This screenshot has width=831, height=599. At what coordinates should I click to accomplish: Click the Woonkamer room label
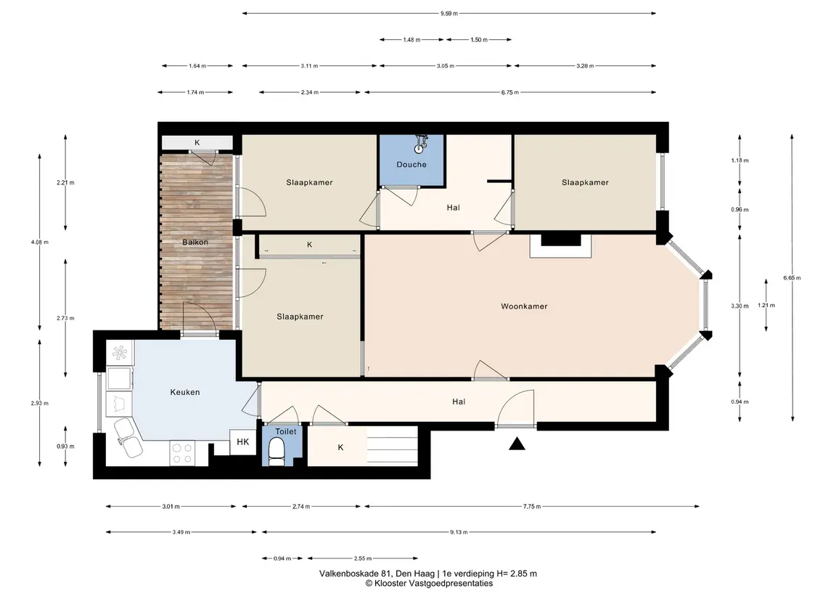(x=524, y=306)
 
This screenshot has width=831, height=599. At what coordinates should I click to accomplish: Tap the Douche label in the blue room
(x=412, y=164)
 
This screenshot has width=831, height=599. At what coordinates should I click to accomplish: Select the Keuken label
(x=185, y=392)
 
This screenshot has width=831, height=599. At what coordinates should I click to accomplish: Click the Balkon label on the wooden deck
(x=195, y=243)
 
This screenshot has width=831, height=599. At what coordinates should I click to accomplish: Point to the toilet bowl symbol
(x=276, y=452)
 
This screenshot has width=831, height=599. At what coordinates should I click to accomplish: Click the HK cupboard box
(x=242, y=441)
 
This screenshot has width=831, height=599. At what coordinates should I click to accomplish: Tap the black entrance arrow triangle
(x=517, y=444)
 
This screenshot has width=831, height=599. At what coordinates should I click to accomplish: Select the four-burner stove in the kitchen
(x=181, y=453)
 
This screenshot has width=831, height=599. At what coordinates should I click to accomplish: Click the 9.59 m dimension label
(x=449, y=13)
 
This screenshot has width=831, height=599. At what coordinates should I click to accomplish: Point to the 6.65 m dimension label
(x=793, y=278)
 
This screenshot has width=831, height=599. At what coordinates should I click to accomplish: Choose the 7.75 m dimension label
(x=532, y=506)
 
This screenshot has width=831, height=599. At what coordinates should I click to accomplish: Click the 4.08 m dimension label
(x=40, y=243)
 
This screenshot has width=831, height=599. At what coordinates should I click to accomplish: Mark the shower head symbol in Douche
(x=422, y=142)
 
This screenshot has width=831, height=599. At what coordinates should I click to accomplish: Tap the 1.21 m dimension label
(x=766, y=306)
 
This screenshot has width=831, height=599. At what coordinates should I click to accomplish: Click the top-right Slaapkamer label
(x=585, y=182)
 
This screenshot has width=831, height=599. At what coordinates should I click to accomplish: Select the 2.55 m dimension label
(x=362, y=558)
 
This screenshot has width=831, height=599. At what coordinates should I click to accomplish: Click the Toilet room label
(x=286, y=431)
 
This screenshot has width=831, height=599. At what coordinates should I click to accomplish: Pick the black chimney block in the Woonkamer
(x=561, y=240)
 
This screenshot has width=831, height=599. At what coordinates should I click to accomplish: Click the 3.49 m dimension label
(x=181, y=532)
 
